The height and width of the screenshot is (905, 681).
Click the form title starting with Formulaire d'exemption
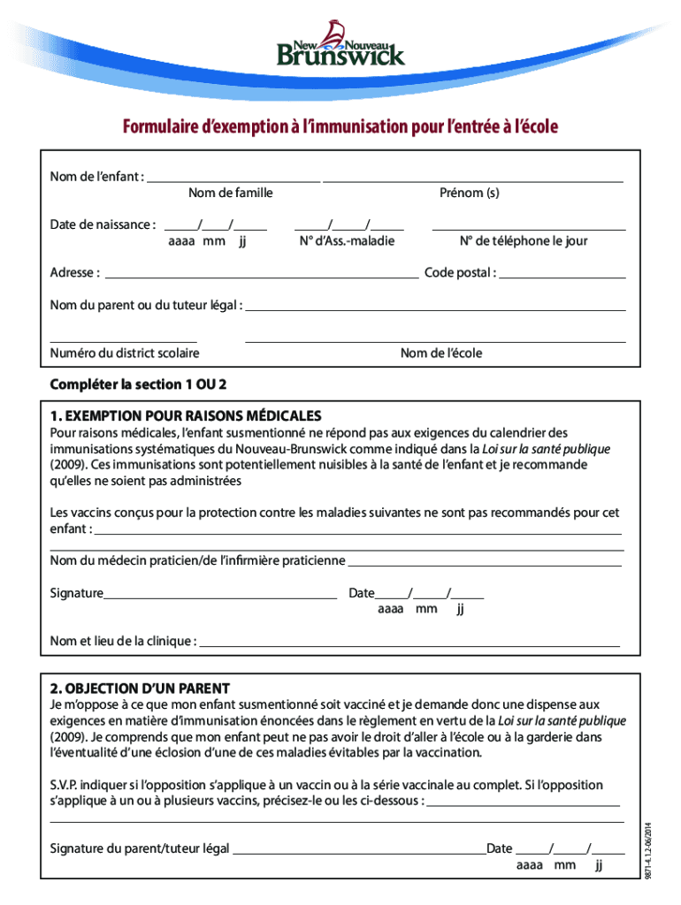coord(340,128)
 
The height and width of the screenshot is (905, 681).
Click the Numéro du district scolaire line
coord(123,339)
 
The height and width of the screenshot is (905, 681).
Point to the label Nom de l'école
coord(441,354)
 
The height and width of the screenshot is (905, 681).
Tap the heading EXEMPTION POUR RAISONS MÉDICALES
coord(186,415)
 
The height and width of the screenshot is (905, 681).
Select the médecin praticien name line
coord(484,563)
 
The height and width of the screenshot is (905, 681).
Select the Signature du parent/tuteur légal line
coord(358,852)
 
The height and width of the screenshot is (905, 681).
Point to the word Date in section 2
coord(499,848)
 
